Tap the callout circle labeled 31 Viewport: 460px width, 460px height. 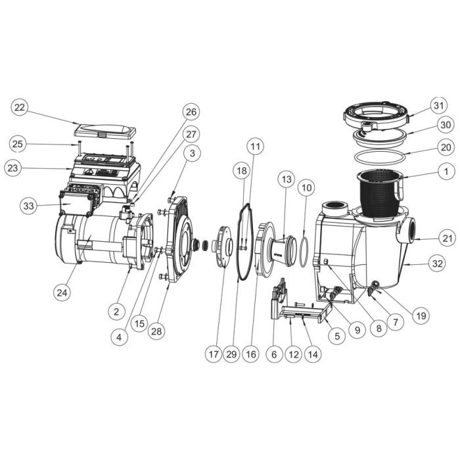(x=439, y=105)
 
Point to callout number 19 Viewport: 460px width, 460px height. (x=421, y=315)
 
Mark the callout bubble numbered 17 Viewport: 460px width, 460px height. (x=214, y=354)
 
